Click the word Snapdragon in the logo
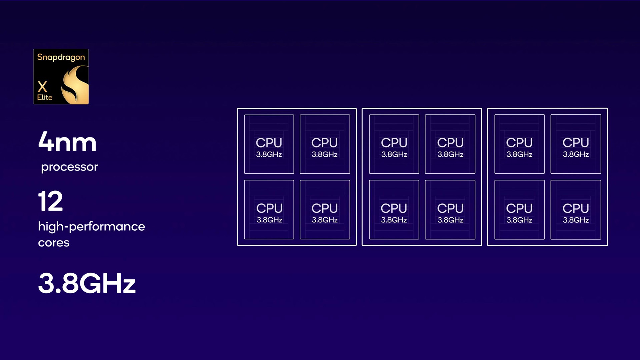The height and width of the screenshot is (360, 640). [x=61, y=57]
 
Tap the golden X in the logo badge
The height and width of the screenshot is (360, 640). [x=42, y=87]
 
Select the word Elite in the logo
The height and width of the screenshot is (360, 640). [x=45, y=97]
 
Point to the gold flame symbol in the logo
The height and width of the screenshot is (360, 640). [x=75, y=85]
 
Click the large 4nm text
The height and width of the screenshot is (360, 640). [x=67, y=142]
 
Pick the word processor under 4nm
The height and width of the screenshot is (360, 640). [x=69, y=167]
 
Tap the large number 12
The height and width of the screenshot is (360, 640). [x=51, y=201]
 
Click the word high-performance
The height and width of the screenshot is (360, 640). [x=91, y=227]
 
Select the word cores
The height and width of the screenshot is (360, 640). [x=54, y=243]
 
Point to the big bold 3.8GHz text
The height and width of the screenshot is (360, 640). [x=87, y=283]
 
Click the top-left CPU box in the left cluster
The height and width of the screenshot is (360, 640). [x=269, y=144]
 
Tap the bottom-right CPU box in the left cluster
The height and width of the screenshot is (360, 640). [x=325, y=210]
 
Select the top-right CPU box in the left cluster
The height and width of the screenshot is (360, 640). [x=325, y=144]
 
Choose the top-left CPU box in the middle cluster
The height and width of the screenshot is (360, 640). [x=394, y=144]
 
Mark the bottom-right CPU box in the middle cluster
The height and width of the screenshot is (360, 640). [x=450, y=210]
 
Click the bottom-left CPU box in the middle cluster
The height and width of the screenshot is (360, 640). [x=394, y=210]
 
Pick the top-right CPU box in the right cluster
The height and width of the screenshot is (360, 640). [x=576, y=144]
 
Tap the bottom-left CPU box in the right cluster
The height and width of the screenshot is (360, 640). [x=519, y=210]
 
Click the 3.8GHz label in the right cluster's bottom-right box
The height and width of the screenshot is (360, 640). [x=576, y=220]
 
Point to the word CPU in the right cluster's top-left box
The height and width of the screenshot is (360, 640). [x=519, y=143]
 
